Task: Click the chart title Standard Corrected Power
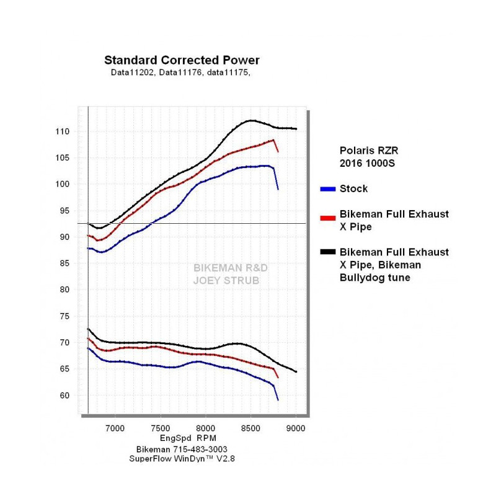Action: point(182,60)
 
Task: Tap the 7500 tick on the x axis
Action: point(161,428)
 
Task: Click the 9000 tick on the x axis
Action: point(296,428)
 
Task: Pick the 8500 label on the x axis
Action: point(250,428)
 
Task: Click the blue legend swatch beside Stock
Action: point(329,188)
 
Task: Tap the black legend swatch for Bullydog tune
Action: point(329,252)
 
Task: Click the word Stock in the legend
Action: point(353,188)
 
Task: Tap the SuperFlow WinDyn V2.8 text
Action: point(182,459)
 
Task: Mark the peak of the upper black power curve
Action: point(251,120)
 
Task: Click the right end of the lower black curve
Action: point(296,372)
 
